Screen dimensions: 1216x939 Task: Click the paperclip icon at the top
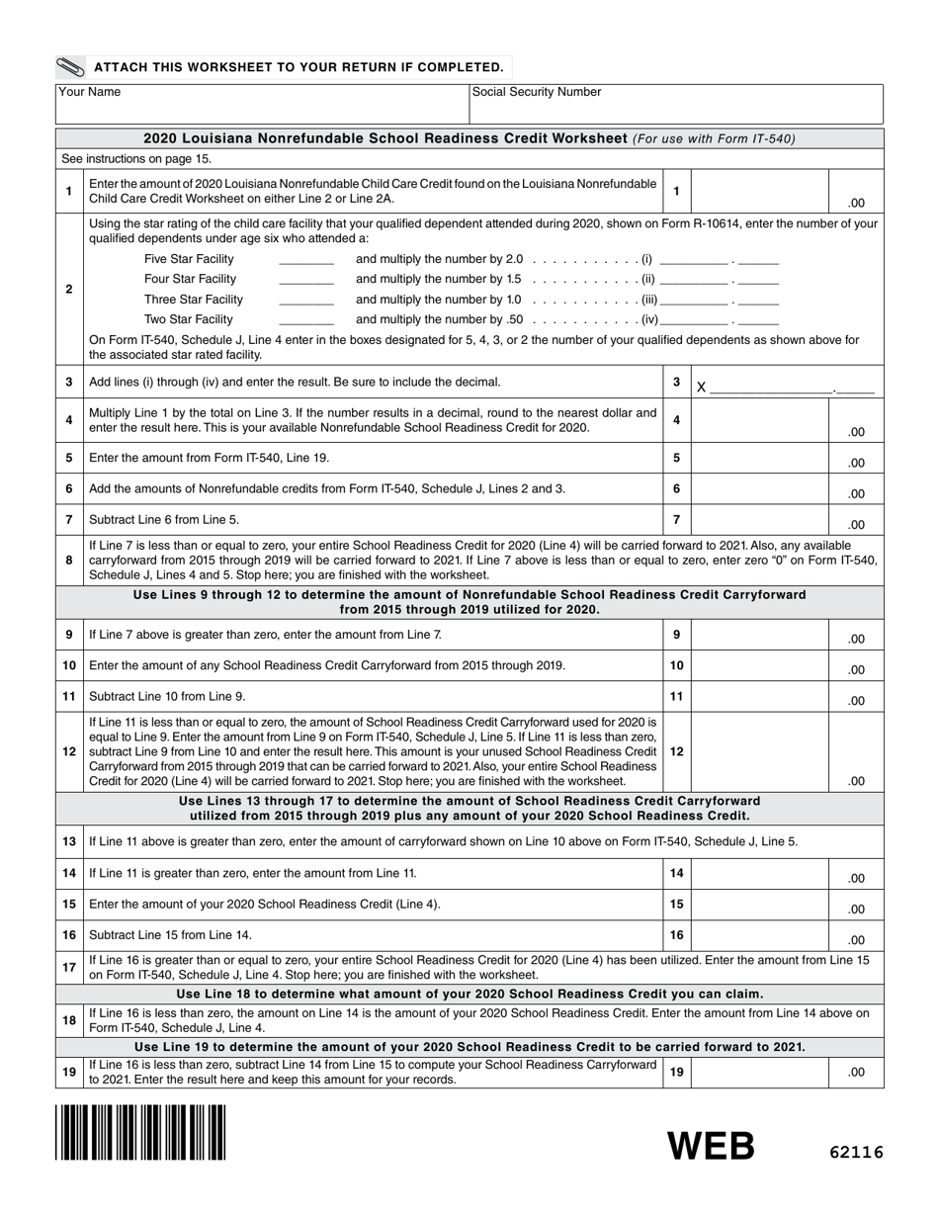click(72, 67)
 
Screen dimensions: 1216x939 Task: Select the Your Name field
click(262, 104)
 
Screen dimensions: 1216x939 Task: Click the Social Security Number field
click(675, 104)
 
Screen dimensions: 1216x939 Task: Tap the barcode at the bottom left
click(140, 1132)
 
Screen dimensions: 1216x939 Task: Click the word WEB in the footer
click(712, 1146)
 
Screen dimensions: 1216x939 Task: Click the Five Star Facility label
click(189, 259)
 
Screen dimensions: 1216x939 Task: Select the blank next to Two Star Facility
click(306, 319)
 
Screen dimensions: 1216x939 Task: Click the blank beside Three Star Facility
click(306, 300)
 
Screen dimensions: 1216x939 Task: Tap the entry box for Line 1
click(759, 192)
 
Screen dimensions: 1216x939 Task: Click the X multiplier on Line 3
click(701, 388)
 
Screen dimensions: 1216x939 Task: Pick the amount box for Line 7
click(759, 519)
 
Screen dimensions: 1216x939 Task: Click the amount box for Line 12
click(759, 751)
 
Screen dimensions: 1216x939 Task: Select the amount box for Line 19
click(759, 1071)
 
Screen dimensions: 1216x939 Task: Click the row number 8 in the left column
click(68, 561)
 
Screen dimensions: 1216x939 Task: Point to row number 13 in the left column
click(68, 841)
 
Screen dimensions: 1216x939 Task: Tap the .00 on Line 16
click(855, 940)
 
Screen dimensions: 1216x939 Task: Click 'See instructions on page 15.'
click(136, 158)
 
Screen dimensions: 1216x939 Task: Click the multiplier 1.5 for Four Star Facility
click(512, 279)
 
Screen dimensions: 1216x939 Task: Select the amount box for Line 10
click(759, 665)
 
